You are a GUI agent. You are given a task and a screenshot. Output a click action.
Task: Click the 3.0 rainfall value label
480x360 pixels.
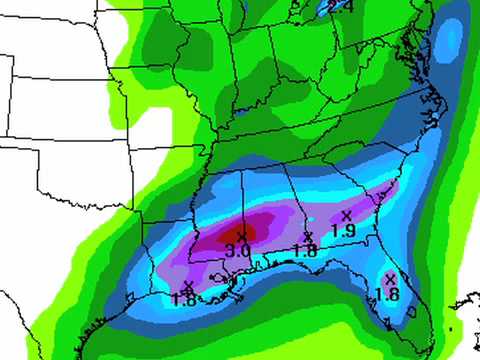point(239,249)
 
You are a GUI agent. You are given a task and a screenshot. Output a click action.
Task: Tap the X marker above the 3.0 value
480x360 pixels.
point(240,236)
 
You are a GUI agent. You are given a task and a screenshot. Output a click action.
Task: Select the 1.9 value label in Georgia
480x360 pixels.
point(343,230)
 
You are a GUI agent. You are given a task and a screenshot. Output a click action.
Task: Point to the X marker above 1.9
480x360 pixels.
point(346,215)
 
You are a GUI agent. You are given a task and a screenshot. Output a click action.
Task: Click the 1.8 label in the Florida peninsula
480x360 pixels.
point(388,293)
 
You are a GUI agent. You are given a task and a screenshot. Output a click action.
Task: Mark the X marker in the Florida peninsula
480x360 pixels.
point(390,278)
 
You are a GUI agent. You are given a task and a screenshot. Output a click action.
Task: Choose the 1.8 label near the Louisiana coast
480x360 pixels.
point(184,299)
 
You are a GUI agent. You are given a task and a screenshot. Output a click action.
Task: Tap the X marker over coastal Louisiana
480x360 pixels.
point(187,286)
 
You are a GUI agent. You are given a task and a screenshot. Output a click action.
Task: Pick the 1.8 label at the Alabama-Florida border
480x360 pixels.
point(306,251)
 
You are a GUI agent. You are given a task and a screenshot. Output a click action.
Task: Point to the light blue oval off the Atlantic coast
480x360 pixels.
point(453,40)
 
